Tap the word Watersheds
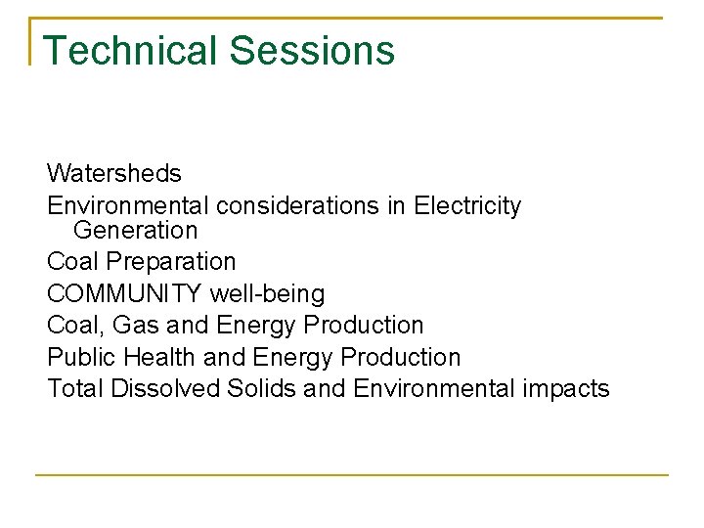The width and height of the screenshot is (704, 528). [113, 174]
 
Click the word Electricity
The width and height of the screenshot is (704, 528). [467, 206]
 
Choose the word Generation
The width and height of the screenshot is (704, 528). [135, 231]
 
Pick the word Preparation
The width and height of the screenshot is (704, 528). [171, 262]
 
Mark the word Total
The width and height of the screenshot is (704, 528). [75, 388]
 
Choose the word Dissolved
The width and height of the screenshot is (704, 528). [165, 388]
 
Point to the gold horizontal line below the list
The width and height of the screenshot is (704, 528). [352, 475]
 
